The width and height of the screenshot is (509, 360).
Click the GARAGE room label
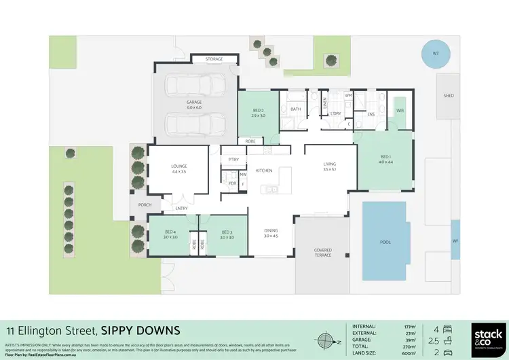[x=195, y=102]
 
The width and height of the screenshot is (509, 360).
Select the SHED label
[x=449, y=96]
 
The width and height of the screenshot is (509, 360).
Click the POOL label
[x=385, y=241]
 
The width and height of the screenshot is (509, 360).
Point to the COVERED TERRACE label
[x=322, y=253]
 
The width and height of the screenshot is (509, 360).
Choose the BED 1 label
[x=385, y=158]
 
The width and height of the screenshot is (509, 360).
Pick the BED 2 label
[x=258, y=110]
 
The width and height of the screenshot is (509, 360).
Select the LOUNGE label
[x=179, y=166]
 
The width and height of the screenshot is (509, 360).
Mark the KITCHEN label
[x=264, y=170]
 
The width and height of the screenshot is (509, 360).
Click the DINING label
[x=271, y=231]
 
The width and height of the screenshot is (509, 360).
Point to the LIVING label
[x=330, y=164]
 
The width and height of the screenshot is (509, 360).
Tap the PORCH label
[x=145, y=204]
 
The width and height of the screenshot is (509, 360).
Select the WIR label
[x=400, y=110]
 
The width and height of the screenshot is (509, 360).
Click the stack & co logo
[x=487, y=338]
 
